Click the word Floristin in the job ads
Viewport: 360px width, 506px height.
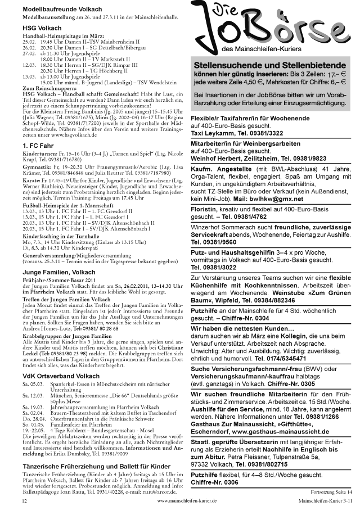pos(205,209)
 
